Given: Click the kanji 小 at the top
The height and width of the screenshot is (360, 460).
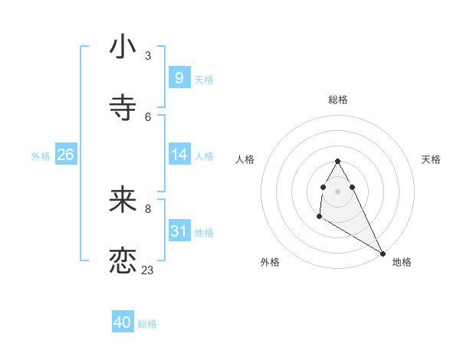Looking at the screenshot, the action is pos(123,47).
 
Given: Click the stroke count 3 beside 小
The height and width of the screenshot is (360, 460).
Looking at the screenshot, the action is pos(148,55).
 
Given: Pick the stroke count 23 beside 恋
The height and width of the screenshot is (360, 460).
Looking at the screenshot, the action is pos(148,270).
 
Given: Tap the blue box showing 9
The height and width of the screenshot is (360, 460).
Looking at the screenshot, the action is pos(179,77).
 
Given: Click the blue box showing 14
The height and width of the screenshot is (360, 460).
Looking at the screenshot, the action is pos(179,155).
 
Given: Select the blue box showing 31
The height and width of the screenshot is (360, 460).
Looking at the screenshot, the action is pos(179,231).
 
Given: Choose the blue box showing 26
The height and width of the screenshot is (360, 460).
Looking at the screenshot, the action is pos(65,155).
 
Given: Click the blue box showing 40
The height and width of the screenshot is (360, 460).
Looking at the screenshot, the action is pos(123,322).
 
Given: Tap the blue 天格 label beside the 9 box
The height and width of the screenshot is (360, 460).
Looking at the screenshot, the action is pos(204,79).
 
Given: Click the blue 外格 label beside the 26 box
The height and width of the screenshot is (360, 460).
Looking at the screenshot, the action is pos(41,156).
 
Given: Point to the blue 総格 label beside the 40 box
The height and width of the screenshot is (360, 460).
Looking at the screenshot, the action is pos(147,324).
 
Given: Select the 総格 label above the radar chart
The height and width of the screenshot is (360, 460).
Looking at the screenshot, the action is pos(338,100).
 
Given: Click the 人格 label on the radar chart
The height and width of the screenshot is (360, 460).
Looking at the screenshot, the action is pos(245,159).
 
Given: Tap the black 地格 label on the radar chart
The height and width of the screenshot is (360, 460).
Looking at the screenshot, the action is pos(402,262).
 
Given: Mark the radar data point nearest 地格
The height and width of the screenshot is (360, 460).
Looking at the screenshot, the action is pos(383,253).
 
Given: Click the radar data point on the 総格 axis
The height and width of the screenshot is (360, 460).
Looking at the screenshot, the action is pos(337,161).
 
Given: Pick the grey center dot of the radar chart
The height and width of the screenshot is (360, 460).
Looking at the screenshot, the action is pos(337,191).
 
